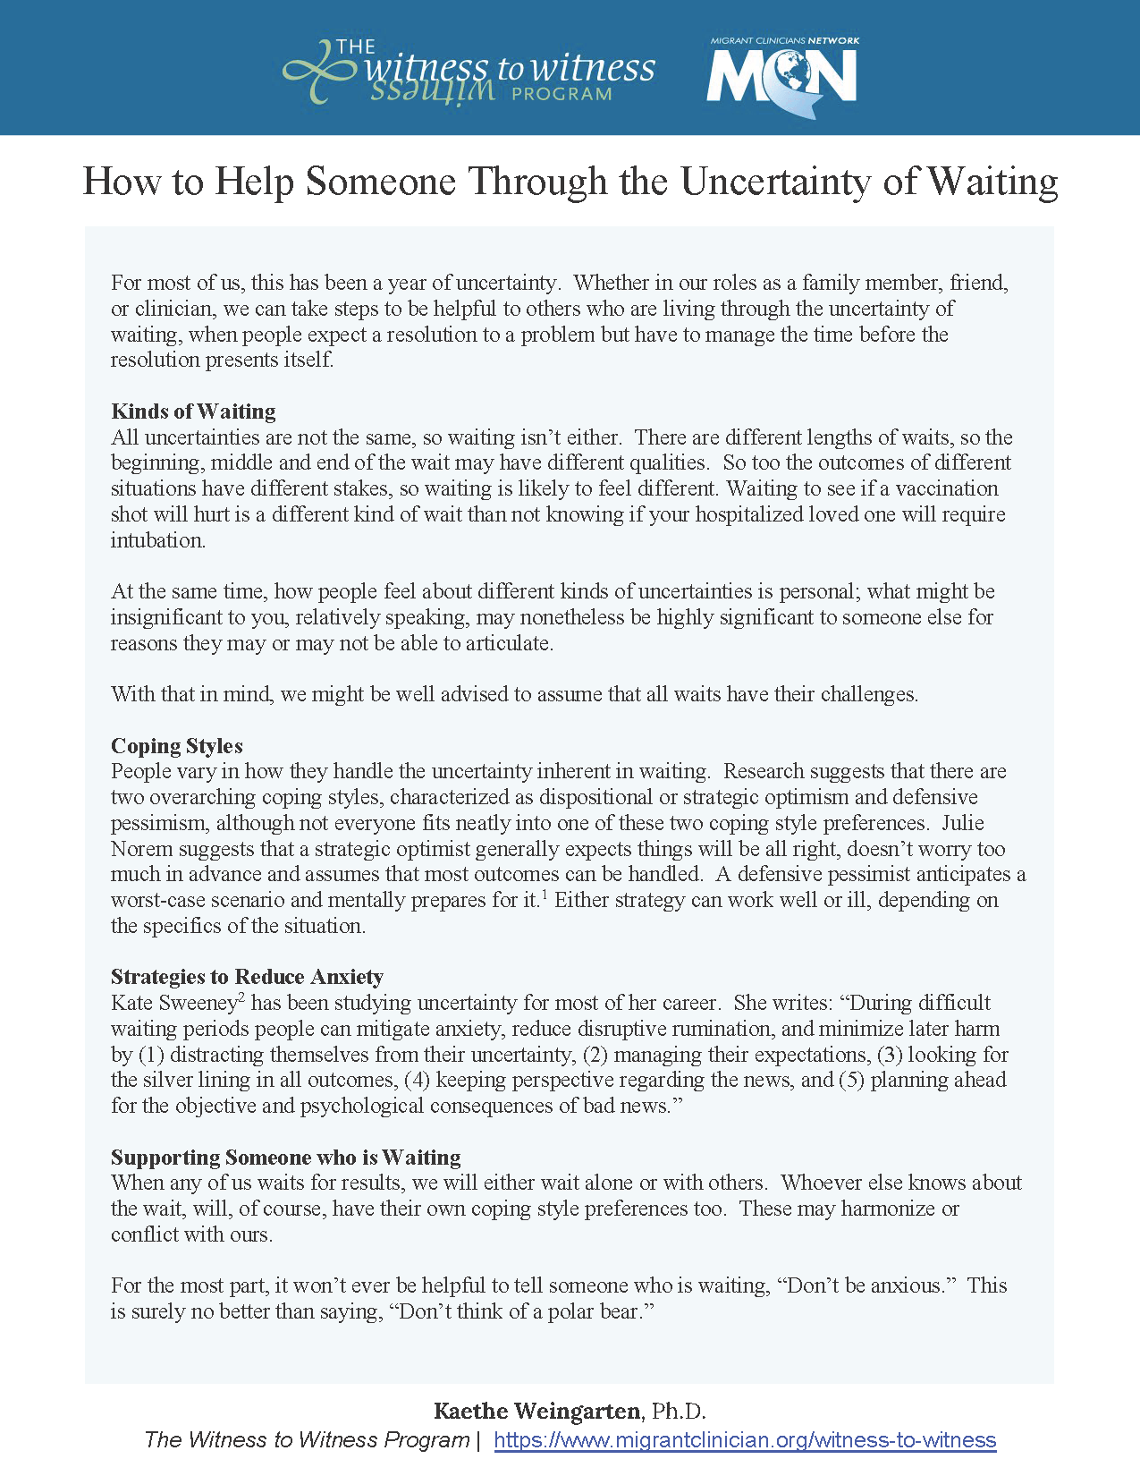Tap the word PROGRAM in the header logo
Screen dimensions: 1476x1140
562,94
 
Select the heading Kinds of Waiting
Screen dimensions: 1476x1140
193,411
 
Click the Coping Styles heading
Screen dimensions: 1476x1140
177,746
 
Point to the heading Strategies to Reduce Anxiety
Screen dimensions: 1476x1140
247,977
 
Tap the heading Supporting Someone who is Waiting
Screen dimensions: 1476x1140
285,1158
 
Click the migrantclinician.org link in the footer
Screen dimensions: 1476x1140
745,1440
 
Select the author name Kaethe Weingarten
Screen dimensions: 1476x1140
537,1412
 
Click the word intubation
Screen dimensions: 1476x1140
157,540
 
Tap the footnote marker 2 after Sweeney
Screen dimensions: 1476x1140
241,997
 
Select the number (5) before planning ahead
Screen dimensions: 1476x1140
851,1080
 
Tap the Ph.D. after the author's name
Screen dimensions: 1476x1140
679,1412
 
